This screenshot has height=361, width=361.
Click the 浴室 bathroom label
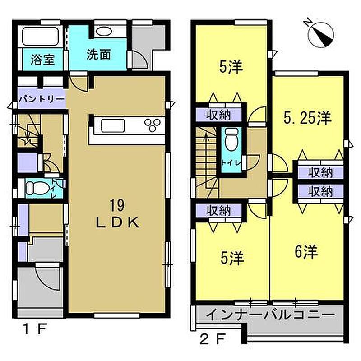[42, 60]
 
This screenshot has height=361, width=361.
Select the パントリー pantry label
[42, 99]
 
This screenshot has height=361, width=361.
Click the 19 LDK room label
[118, 213]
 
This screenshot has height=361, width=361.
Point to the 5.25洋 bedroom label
[307, 118]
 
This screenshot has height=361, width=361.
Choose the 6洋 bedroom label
[306, 251]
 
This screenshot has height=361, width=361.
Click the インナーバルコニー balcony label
[270, 315]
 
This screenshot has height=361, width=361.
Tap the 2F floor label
[212, 339]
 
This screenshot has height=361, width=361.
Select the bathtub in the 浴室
[40, 37]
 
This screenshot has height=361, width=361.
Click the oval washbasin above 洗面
[104, 32]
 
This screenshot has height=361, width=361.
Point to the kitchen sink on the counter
[113, 125]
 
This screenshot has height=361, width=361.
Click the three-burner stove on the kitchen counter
[153, 125]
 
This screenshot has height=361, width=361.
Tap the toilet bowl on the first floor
[37, 188]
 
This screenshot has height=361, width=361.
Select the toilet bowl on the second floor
[231, 140]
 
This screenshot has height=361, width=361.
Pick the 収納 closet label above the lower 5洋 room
[218, 210]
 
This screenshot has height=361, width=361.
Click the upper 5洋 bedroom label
[231, 67]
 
